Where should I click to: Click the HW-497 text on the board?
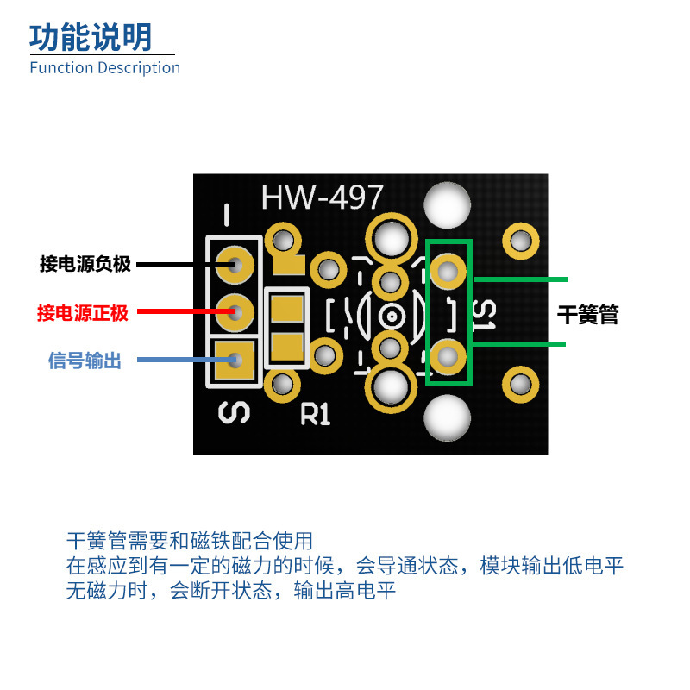tap(322, 198)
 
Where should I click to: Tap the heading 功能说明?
tap(91, 37)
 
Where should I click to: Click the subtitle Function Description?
tap(104, 67)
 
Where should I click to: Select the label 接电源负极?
tap(85, 264)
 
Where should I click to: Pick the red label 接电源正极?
tap(83, 313)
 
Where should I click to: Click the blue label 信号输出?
tap(85, 361)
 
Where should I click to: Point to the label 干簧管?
tap(588, 315)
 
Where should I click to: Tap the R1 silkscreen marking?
tap(316, 415)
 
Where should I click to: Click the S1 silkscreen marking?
tap(485, 316)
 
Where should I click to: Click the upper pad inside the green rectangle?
tap(448, 272)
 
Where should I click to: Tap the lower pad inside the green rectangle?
tap(448, 356)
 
